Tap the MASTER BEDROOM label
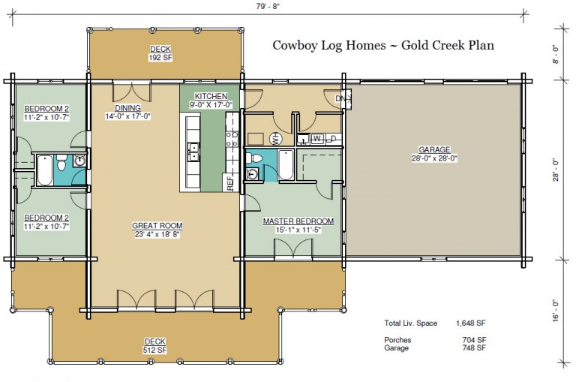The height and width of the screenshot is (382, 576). point(292,221)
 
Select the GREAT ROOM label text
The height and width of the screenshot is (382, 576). point(157,225)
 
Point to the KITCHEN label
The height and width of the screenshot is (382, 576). point(210,97)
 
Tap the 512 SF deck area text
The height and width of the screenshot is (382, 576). point(155,350)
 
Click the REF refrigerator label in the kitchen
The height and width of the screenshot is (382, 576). point(229,182)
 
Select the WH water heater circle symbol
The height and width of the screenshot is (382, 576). point(275,139)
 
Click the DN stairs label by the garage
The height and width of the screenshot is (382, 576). point(338,98)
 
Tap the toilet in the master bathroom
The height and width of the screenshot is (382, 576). point(255,158)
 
